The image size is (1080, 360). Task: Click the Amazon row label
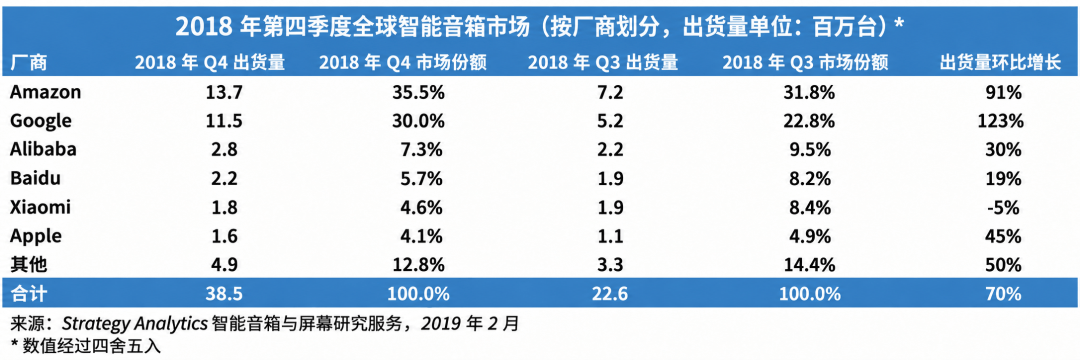point(46,92)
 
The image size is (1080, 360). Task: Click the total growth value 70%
point(1003,294)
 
